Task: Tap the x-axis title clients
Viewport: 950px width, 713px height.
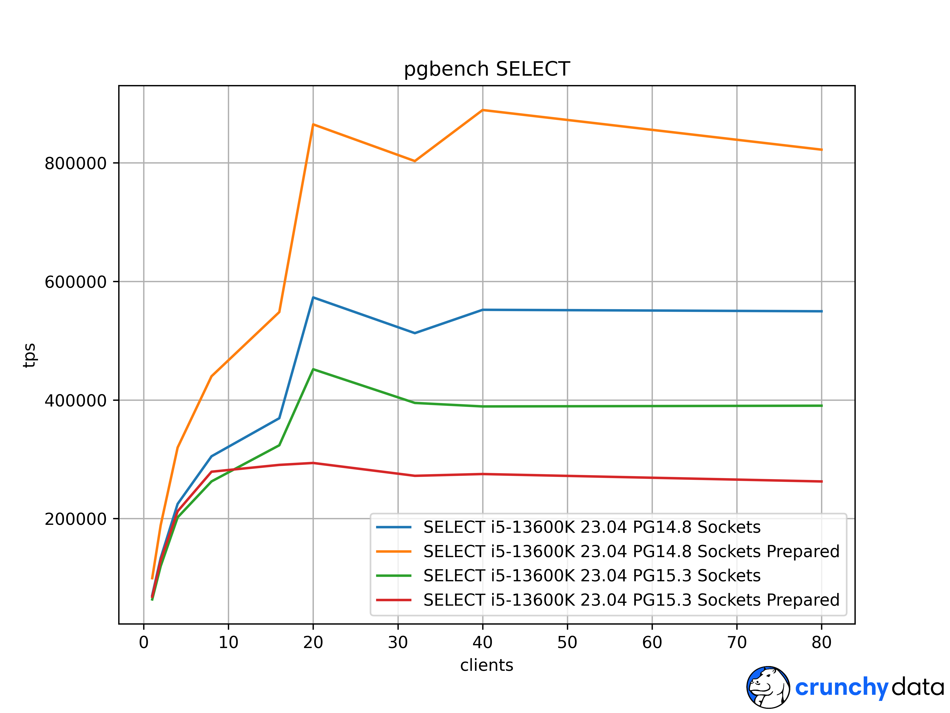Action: click(x=487, y=665)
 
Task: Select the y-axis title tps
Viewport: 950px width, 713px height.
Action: click(x=29, y=355)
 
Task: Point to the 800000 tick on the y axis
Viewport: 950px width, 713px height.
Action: click(x=76, y=163)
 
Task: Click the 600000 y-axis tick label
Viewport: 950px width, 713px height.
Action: click(x=76, y=282)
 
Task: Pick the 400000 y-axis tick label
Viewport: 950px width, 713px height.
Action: click(x=76, y=400)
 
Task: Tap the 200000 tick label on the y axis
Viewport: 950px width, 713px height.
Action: click(x=76, y=519)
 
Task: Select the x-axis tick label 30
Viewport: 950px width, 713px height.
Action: click(x=398, y=642)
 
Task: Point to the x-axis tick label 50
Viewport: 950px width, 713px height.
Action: click(x=567, y=642)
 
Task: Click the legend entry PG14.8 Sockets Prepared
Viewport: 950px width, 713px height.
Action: click(x=631, y=551)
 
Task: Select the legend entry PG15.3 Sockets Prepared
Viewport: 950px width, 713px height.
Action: click(x=631, y=600)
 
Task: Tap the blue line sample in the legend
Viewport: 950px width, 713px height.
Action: click(x=393, y=527)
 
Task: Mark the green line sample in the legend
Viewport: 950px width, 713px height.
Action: click(x=393, y=576)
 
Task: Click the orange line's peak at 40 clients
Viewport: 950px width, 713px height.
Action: click(x=483, y=110)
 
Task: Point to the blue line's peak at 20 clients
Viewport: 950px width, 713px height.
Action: click(x=313, y=297)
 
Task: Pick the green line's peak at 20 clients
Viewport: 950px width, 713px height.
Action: click(x=313, y=369)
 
